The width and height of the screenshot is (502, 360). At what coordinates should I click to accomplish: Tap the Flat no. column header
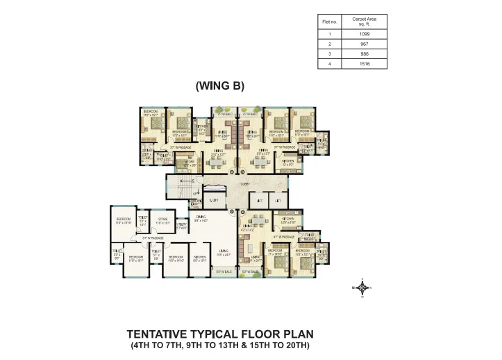[x=329, y=21]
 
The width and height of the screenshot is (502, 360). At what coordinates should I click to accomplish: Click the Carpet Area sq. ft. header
[x=365, y=21]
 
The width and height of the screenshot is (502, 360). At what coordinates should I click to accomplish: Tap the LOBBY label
[x=244, y=183]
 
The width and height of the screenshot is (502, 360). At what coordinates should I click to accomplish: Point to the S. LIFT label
[x=214, y=200]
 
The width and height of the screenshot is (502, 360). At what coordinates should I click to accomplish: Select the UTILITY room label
[x=181, y=225]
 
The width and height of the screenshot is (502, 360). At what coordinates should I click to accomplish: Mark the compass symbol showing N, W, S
[x=362, y=287]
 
